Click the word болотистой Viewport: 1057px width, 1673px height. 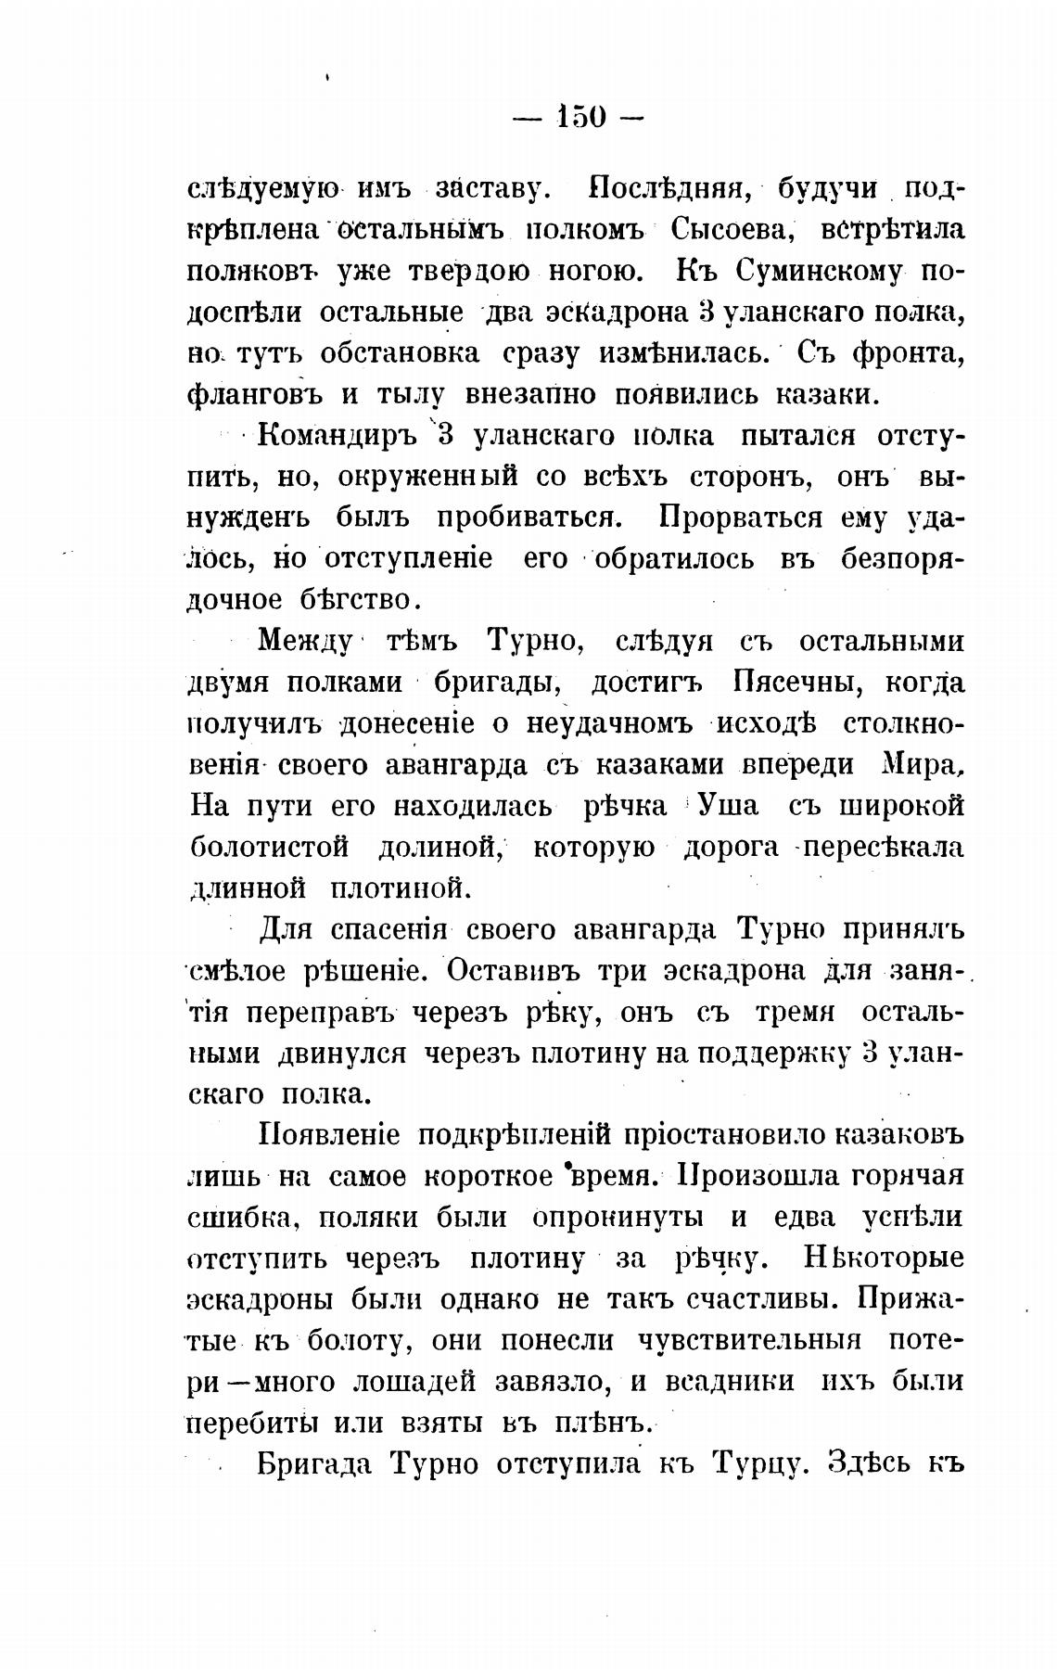[x=269, y=848]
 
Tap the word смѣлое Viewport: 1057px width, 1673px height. [x=239, y=971]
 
